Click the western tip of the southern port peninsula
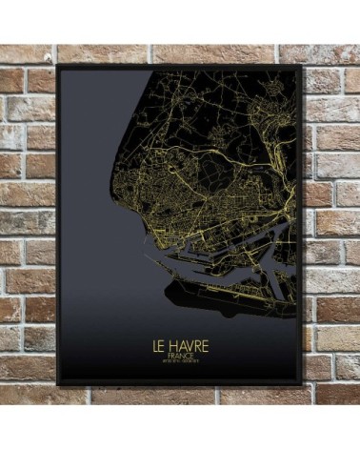(x=168, y=284)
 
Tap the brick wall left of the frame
(x=29, y=219)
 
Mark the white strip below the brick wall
(x=180, y=427)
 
